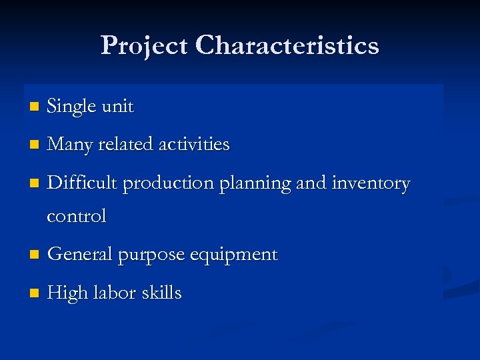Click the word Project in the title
[145, 46]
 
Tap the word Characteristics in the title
[288, 46]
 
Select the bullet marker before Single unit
[35, 107]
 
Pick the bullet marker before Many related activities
[35, 145]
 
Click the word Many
[71, 145]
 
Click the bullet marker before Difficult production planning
[35, 183]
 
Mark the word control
[77, 216]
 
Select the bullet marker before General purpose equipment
[35, 255]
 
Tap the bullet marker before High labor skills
[35, 294]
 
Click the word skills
[160, 293]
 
